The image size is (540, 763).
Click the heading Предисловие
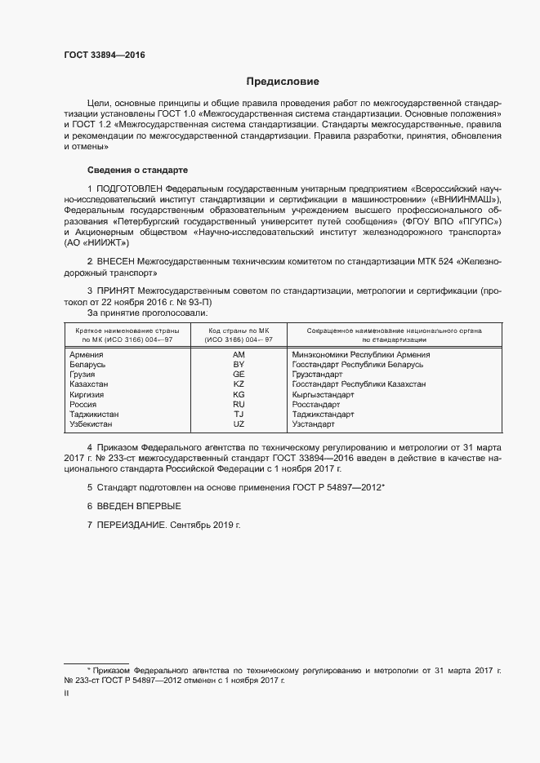(x=283, y=82)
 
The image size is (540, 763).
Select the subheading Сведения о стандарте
(x=137, y=170)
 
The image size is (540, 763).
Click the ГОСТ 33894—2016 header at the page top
(x=105, y=55)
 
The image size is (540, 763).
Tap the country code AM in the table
(x=239, y=355)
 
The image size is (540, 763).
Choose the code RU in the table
(x=239, y=404)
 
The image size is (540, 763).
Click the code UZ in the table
(x=239, y=424)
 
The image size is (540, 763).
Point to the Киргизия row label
(x=88, y=394)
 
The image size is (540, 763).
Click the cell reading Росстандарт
(x=315, y=404)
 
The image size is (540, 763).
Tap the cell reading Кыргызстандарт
(x=323, y=394)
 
